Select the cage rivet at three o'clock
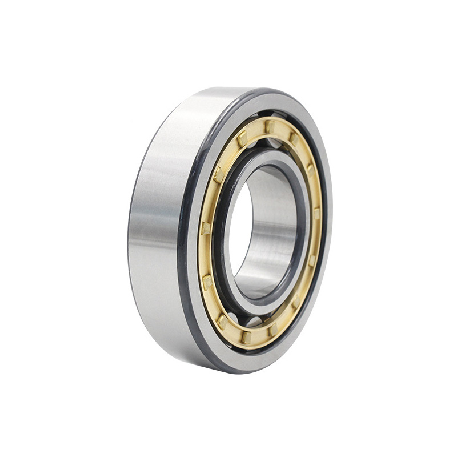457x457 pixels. point(316,214)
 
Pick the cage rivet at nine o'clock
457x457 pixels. point(205,228)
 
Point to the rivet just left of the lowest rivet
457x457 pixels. point(222,321)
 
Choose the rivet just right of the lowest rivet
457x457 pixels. point(273,330)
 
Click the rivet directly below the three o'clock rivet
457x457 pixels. point(312,260)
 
